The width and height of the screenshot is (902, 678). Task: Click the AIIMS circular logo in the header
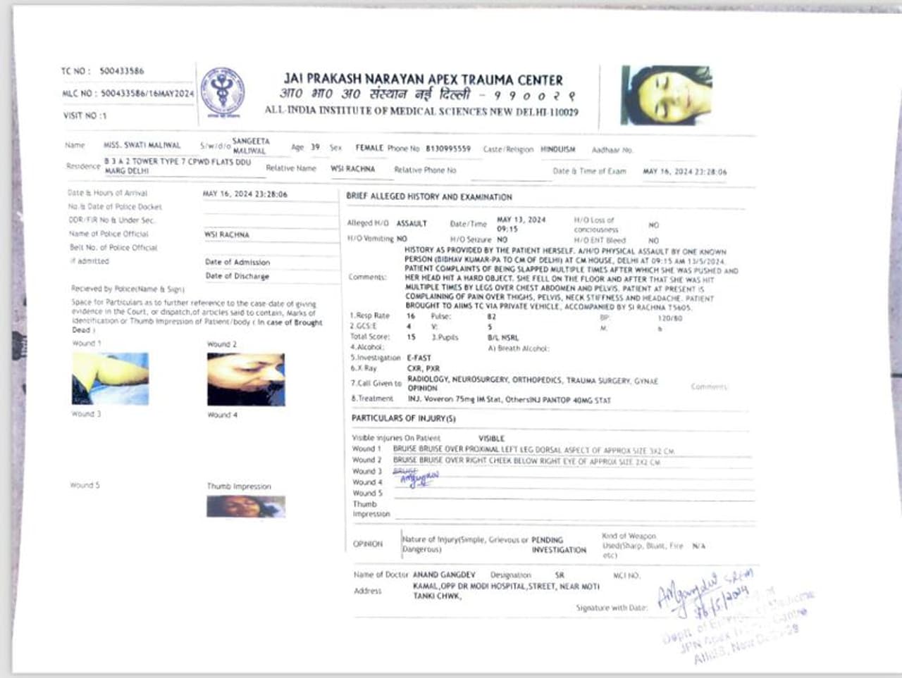tap(223, 92)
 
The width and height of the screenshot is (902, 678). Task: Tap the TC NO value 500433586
tap(121, 71)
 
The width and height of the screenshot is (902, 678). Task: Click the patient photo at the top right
tap(666, 95)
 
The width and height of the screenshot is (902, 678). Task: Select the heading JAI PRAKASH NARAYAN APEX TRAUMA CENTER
tap(423, 80)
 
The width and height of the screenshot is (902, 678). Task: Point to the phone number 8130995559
tap(447, 149)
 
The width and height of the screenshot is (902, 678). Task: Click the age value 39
tap(315, 148)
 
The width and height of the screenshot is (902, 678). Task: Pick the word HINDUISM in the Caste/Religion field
tap(557, 149)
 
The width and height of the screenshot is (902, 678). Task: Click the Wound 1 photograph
tap(110, 379)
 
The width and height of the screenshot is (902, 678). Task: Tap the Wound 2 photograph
tap(246, 379)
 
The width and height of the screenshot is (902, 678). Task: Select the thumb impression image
tap(246, 506)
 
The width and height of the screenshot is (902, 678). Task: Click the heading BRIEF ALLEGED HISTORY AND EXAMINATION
tap(428, 197)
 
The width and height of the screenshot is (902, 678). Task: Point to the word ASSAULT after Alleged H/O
tap(412, 223)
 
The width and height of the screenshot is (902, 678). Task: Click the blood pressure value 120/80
tap(669, 318)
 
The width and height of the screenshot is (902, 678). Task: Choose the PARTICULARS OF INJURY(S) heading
tap(403, 418)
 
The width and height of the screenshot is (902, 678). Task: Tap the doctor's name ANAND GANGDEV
tap(444, 575)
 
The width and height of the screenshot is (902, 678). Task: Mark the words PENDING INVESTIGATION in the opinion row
tap(558, 545)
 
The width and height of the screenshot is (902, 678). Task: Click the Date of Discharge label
tap(237, 276)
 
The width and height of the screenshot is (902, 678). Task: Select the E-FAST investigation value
tap(419, 358)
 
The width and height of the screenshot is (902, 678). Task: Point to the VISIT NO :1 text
tap(85, 115)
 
